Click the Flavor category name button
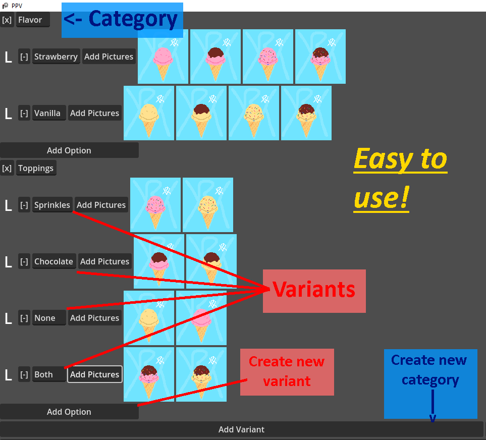point(33,20)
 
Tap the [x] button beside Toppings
point(7,168)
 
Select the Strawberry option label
point(56,57)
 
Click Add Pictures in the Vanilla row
point(94,113)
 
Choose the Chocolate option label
point(54,261)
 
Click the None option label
point(49,318)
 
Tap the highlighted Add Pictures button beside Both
point(95,374)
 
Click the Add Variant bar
point(242,429)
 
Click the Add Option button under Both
point(69,412)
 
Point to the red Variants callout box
point(314,291)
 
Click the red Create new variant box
point(287,372)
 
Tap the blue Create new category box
point(430,384)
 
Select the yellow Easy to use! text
point(400,179)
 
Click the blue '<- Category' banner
point(122,20)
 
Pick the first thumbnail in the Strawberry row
point(163,57)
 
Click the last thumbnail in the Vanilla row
point(306,113)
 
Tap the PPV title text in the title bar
point(17,6)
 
